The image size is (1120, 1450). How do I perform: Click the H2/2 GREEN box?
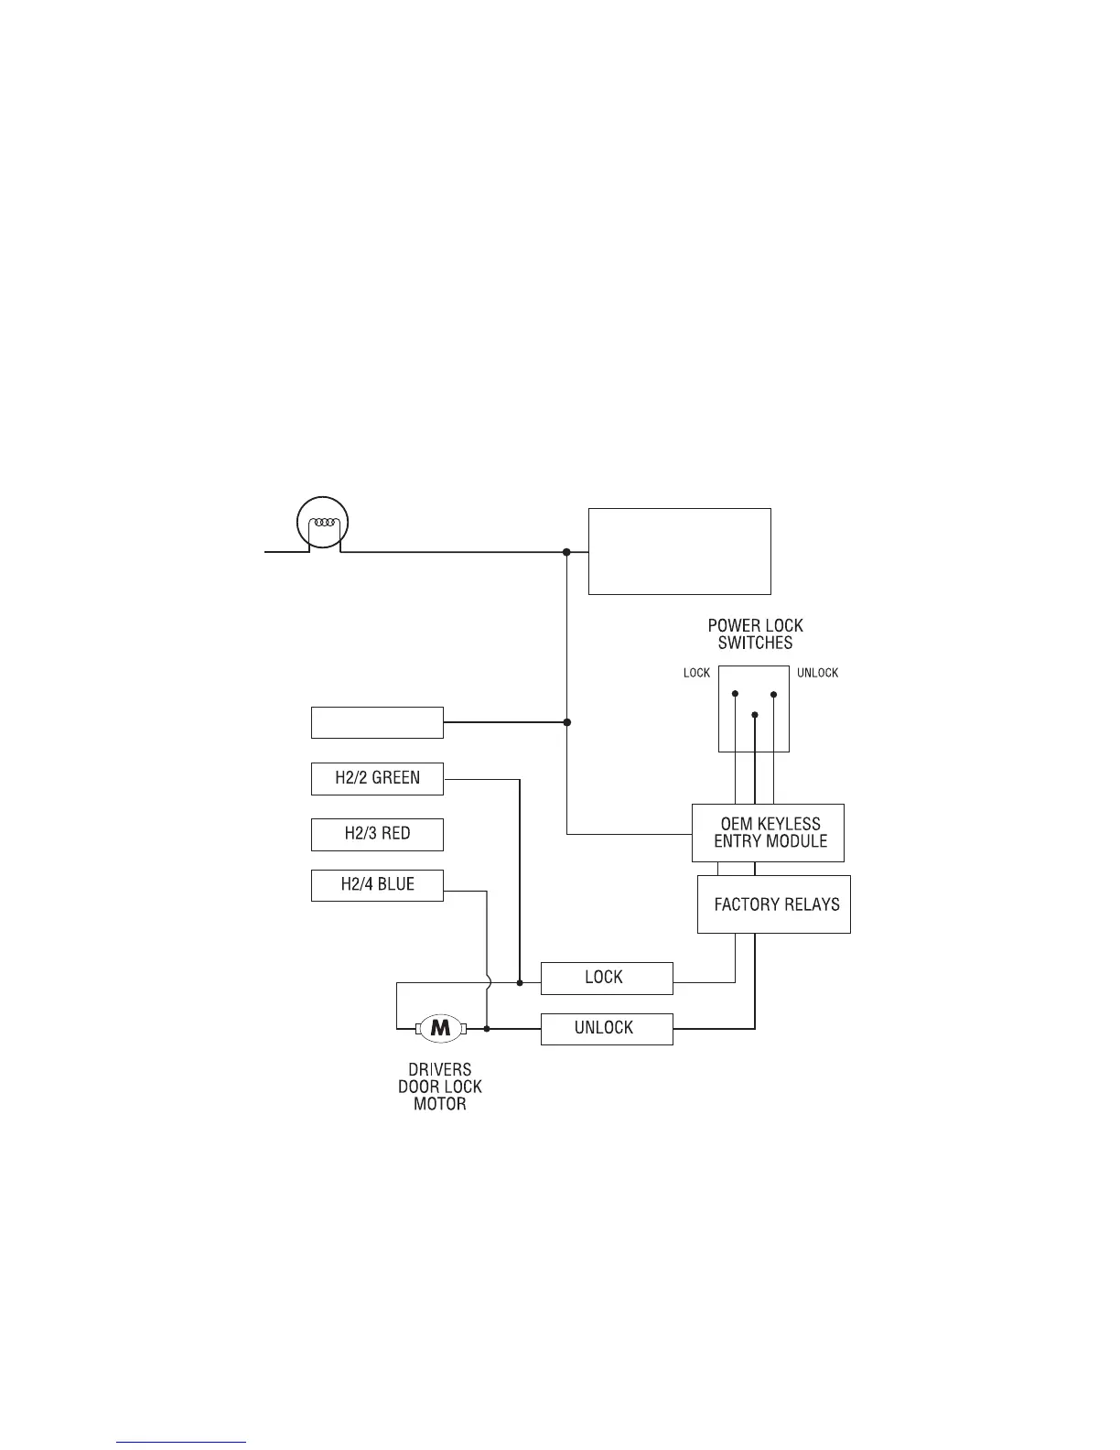(377, 778)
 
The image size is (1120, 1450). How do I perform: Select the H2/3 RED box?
(377, 834)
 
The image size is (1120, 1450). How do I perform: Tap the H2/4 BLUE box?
(377, 885)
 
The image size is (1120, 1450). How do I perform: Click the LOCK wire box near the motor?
(606, 978)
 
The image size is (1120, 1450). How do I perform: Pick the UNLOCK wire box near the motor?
(606, 1028)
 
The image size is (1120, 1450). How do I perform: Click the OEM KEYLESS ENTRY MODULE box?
(768, 832)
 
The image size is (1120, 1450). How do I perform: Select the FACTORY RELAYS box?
(774, 904)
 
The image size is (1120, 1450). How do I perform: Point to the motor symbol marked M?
(441, 1028)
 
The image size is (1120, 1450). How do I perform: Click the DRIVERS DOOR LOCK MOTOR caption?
(440, 1087)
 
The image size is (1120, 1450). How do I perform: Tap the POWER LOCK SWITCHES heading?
(755, 634)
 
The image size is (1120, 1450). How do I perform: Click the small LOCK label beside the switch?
(696, 673)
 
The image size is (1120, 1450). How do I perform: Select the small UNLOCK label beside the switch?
(817, 673)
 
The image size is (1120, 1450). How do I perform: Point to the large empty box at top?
(679, 551)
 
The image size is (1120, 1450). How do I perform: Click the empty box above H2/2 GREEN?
(377, 722)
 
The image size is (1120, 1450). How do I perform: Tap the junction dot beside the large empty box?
(566, 552)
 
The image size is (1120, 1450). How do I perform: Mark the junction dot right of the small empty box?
(566, 722)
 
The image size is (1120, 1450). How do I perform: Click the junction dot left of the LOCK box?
(520, 983)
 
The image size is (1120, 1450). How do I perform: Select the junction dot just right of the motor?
(486, 1029)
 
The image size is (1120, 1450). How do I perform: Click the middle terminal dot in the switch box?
(754, 714)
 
